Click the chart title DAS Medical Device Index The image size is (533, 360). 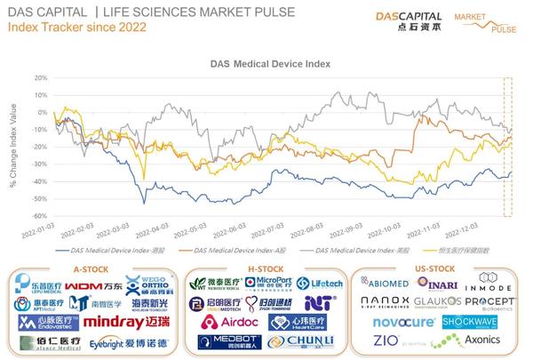(266, 65)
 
